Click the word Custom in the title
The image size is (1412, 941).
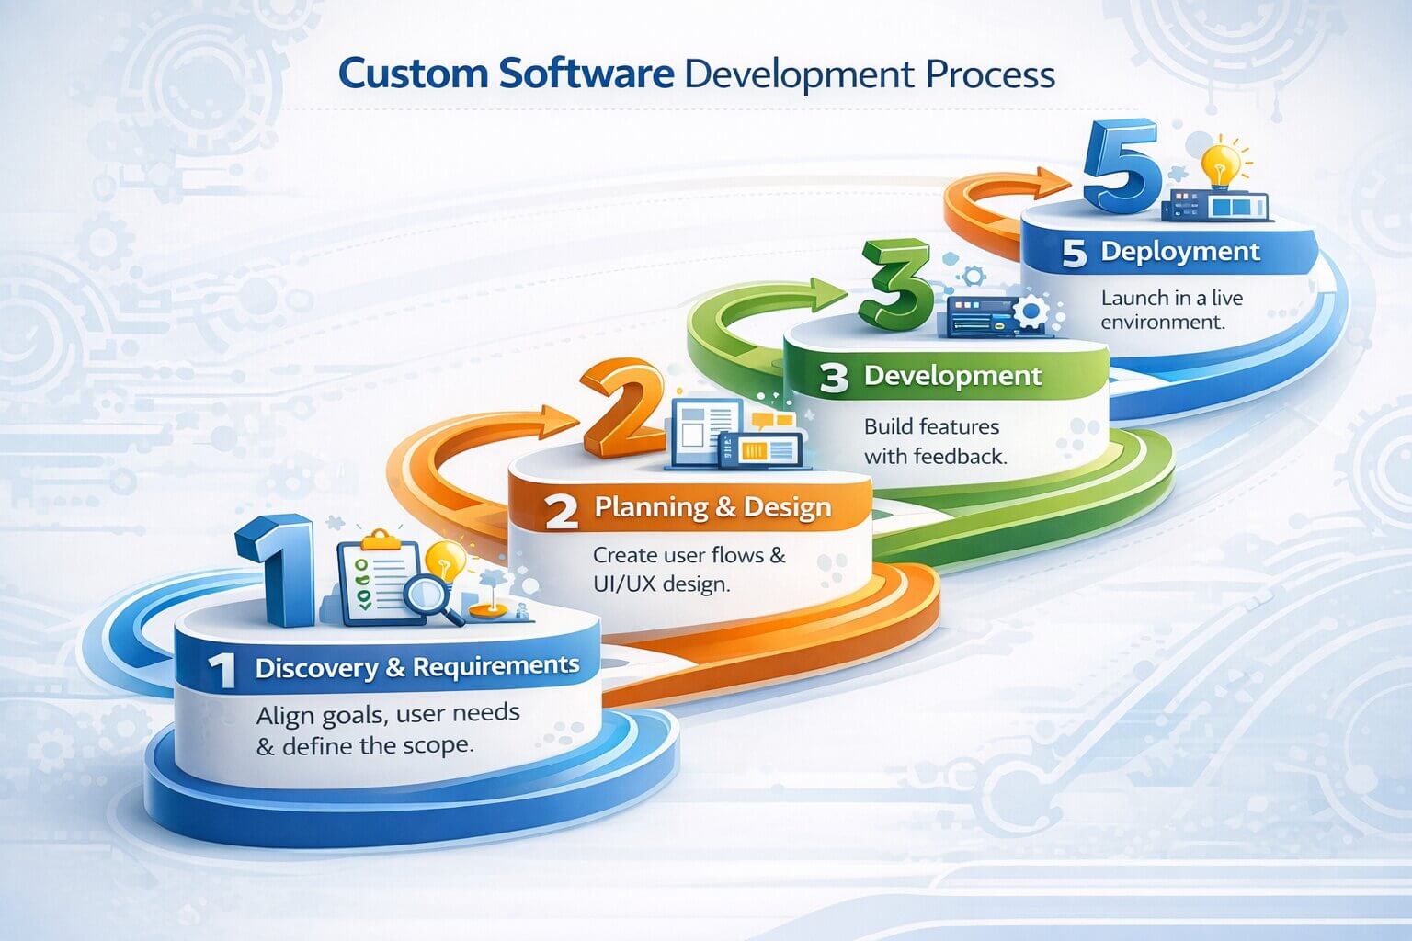[x=413, y=74]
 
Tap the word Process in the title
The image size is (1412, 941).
[x=991, y=74]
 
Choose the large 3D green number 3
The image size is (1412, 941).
[x=895, y=285]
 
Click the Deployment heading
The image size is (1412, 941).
[x=1180, y=252]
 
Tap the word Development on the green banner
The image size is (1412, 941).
[x=952, y=376]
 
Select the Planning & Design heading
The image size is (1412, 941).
[x=713, y=508]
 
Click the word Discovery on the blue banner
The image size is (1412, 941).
[x=317, y=668]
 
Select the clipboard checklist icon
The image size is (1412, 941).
[x=378, y=577]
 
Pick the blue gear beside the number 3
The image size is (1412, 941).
[x=1030, y=311]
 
